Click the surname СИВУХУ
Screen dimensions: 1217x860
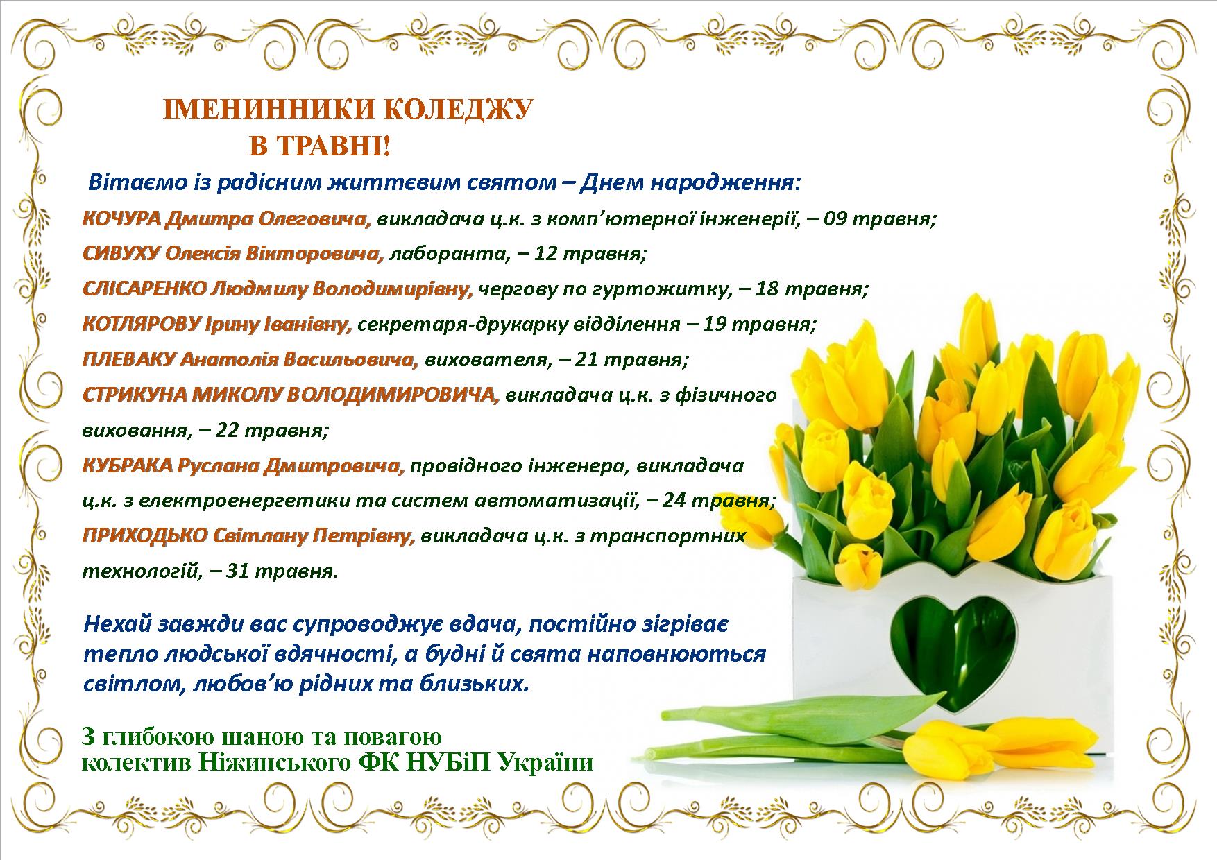[x=121, y=254]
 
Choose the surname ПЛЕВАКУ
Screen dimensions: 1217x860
[x=129, y=359]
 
